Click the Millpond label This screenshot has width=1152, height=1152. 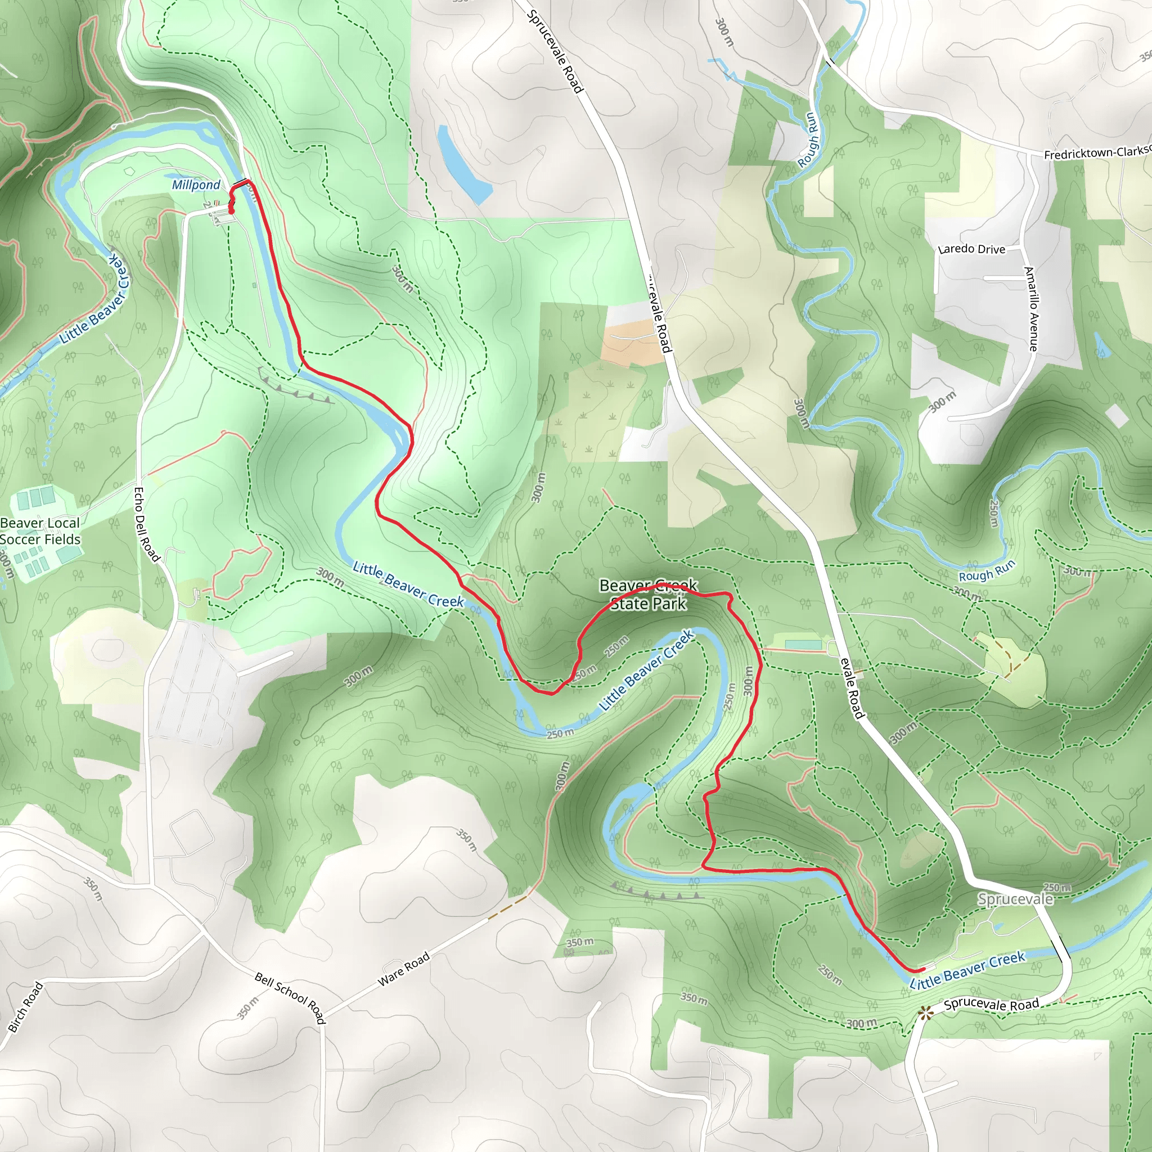(x=196, y=185)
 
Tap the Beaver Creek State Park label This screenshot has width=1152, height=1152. (x=648, y=595)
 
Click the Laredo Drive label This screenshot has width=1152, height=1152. (x=971, y=249)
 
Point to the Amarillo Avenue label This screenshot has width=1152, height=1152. (x=1032, y=308)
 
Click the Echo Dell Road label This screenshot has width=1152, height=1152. (x=146, y=524)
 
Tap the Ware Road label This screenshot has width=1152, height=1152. (x=404, y=970)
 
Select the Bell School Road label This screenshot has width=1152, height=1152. (x=290, y=997)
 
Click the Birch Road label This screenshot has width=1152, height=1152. (x=26, y=1007)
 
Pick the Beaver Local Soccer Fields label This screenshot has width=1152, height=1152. (x=40, y=531)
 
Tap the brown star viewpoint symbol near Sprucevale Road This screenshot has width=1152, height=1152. (x=925, y=1012)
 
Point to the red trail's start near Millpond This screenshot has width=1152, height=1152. (x=231, y=209)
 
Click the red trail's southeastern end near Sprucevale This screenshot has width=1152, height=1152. (x=922, y=970)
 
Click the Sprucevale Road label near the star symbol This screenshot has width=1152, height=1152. (x=991, y=1005)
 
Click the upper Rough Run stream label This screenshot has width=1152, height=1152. (x=809, y=140)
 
